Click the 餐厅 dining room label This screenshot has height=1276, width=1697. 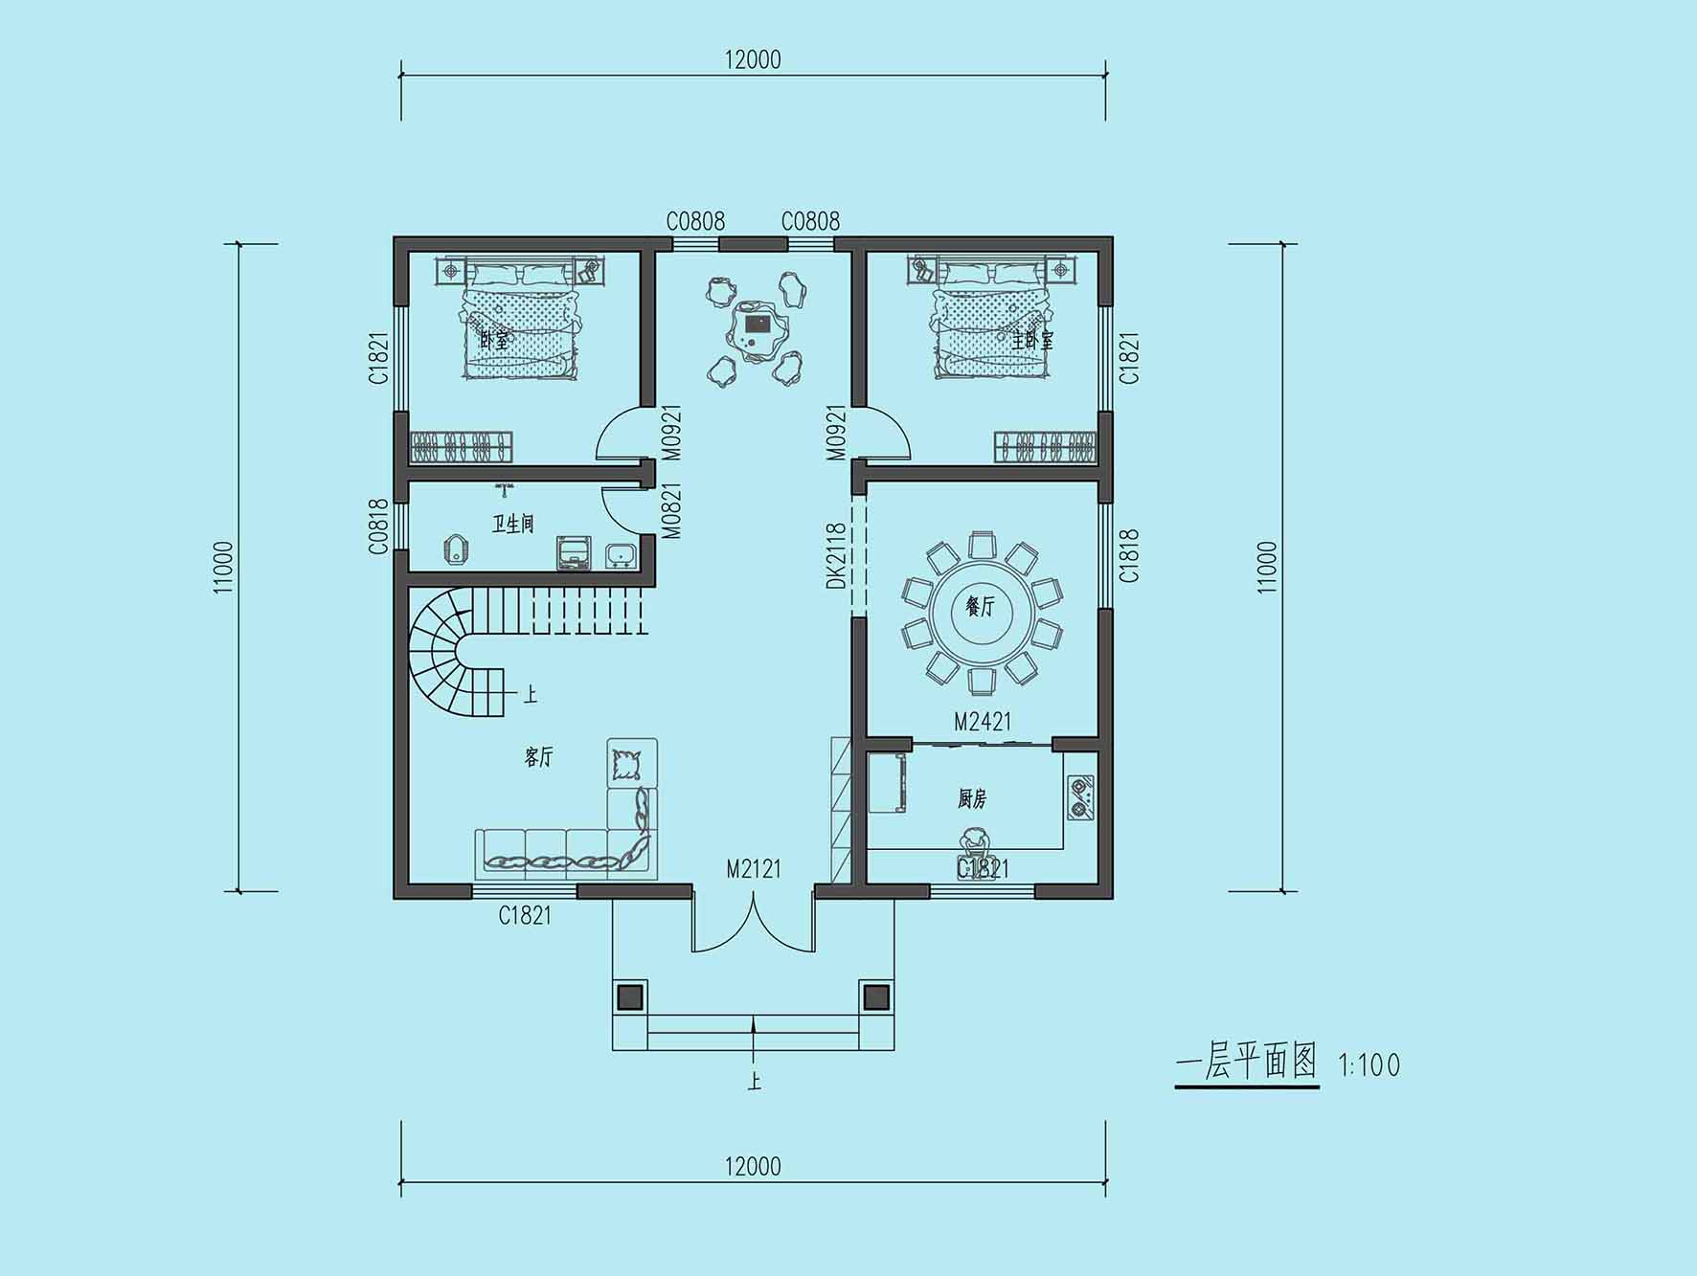(981, 606)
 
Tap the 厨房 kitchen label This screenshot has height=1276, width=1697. (972, 798)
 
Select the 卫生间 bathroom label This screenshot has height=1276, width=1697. (512, 524)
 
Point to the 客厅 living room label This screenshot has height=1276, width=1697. (538, 757)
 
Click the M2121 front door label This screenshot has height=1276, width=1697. (754, 868)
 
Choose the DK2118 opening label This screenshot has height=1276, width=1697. (836, 555)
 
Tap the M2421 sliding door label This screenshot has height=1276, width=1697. (983, 721)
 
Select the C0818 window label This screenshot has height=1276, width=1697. (379, 526)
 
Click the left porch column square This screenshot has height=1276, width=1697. (629, 997)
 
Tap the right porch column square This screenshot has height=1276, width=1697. (876, 997)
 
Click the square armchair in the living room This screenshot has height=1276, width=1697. (632, 763)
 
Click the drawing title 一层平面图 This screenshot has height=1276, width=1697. (1247, 1063)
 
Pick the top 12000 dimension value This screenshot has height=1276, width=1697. (753, 59)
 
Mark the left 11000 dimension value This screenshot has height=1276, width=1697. (224, 568)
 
